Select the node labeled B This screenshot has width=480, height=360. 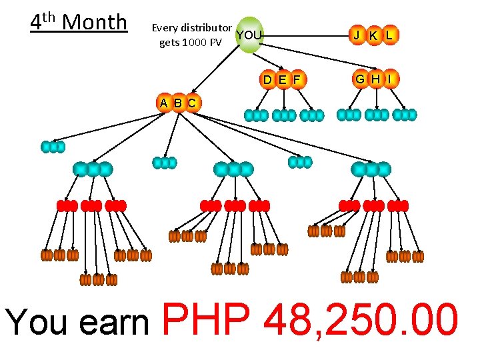[178, 103]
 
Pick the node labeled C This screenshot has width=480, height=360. [192, 103]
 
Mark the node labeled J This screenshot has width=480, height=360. [357, 35]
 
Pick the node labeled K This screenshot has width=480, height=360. [373, 35]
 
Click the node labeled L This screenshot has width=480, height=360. [389, 35]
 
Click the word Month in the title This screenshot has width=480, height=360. [94, 22]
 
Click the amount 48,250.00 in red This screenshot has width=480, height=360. [361, 319]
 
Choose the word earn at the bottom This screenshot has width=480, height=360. [114, 323]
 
